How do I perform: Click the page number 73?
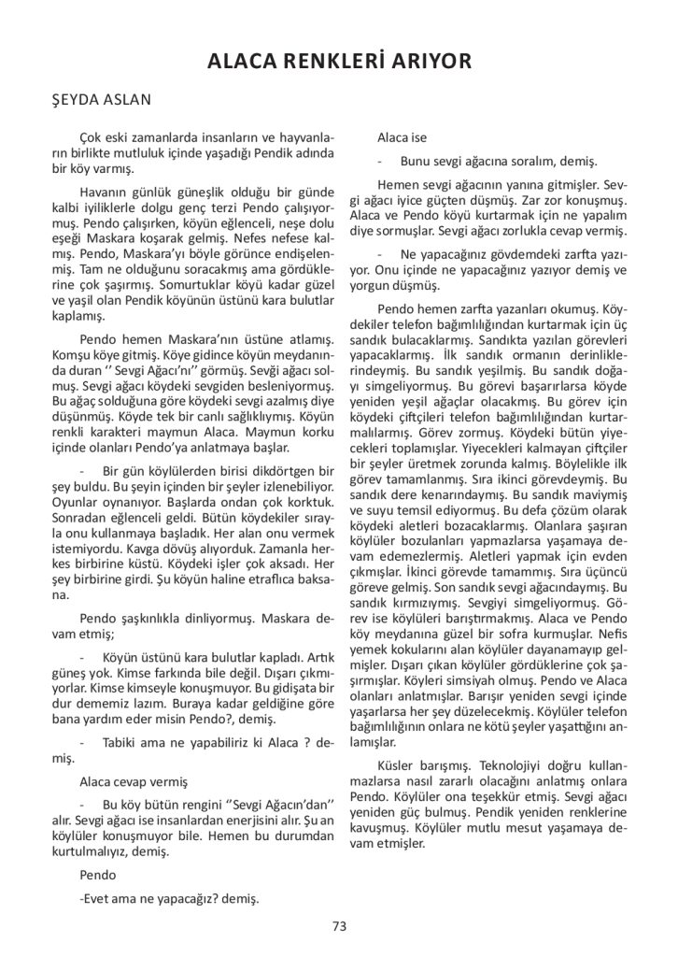(x=339, y=926)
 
